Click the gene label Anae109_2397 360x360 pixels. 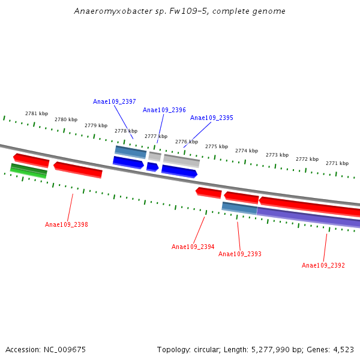tap(114, 102)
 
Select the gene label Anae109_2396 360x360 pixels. tap(164, 110)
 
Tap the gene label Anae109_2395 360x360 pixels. tap(211, 118)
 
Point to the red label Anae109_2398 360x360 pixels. tap(66, 225)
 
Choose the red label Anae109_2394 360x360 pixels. tap(193, 247)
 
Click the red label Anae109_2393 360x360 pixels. tap(239, 254)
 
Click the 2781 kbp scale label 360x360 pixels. tap(36, 113)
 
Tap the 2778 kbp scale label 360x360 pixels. tap(125, 131)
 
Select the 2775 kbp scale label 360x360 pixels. tap(216, 146)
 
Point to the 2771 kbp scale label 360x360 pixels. tap(337, 163)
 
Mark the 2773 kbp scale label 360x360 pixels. tap(277, 155)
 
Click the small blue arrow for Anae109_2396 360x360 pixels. tap(152, 167)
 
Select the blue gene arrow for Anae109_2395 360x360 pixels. tap(179, 172)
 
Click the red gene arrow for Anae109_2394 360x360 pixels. tap(209, 193)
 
